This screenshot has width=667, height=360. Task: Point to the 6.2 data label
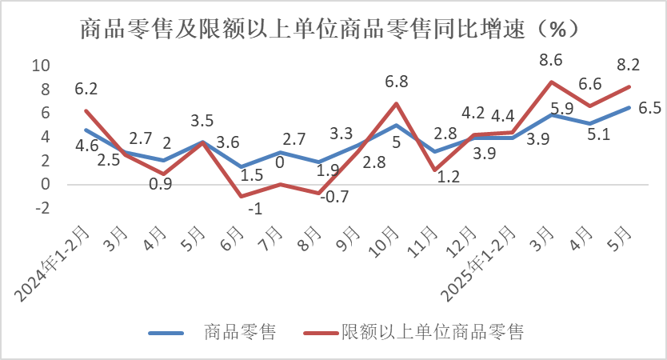tap(86, 90)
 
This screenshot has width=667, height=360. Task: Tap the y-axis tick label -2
tap(42, 208)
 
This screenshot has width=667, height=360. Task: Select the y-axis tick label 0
tap(46, 184)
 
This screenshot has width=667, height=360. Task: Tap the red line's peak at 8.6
tap(550, 82)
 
